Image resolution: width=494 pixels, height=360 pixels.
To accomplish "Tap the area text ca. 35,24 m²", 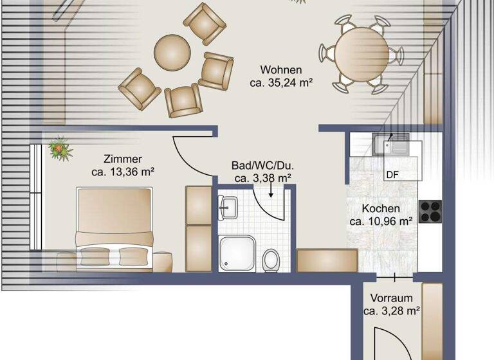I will coord(280,82).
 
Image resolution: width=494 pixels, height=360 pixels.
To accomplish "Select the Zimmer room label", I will coord(122,159).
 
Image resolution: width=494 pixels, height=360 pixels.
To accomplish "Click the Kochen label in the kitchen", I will coord(381,209).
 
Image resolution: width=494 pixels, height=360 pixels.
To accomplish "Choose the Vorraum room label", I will coord(391,298).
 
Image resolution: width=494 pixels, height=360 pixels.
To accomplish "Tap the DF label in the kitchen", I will coord(392,174).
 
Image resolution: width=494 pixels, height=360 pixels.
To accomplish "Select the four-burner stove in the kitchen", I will coord(430,212).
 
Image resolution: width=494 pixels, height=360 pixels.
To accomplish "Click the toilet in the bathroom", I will coord(271,260).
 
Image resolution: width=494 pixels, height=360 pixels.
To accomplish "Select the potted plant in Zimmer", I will coord(60,148).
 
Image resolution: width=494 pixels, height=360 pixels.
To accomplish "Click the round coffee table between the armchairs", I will coord(172,51).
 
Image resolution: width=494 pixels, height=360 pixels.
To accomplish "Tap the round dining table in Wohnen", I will coord(361,54).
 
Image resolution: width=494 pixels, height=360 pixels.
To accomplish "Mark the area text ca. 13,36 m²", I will coord(122,172).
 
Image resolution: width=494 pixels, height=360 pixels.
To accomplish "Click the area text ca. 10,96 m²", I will coord(381,222).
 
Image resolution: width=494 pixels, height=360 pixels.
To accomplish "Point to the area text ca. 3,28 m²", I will coord(391,311).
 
